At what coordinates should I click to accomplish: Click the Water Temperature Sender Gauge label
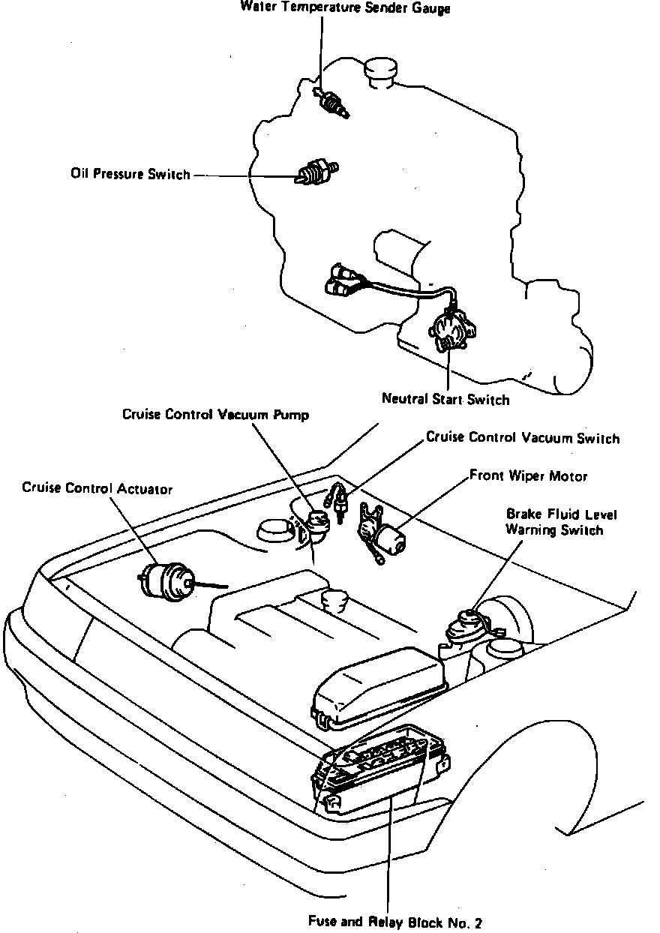(345, 7)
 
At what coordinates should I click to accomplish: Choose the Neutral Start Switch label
(445, 399)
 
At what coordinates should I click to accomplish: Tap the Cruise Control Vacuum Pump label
(215, 415)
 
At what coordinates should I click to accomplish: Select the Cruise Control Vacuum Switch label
(523, 437)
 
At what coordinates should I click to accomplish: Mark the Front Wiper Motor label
(528, 476)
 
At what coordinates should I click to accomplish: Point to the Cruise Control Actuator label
(97, 489)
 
